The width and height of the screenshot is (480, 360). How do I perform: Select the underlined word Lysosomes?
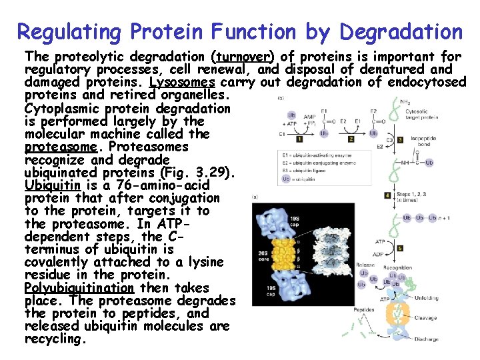182,83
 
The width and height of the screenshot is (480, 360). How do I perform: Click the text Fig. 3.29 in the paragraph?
200,173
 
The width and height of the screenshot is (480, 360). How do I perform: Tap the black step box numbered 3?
399,140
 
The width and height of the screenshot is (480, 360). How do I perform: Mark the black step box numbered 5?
399,248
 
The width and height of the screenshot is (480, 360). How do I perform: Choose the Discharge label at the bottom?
426,339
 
